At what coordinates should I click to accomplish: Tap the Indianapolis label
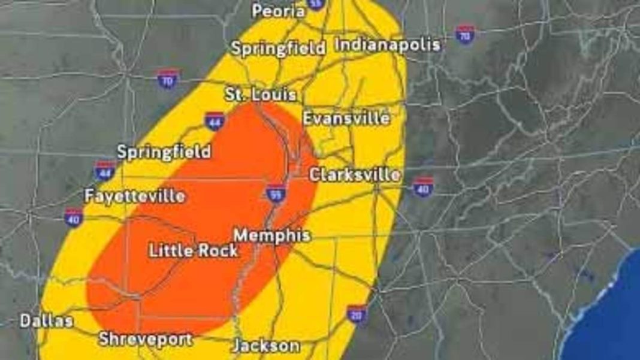point(387,44)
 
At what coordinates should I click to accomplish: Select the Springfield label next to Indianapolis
point(278,48)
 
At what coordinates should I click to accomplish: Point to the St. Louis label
point(260,95)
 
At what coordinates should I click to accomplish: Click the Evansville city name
point(346,118)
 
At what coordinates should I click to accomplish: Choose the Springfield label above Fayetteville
point(164,152)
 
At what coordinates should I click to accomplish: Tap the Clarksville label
point(354,175)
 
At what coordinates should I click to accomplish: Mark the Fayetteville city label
point(135,196)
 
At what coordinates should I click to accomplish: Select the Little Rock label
point(193,250)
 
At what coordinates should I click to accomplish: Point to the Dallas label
point(47,320)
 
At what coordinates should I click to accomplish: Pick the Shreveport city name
point(146,339)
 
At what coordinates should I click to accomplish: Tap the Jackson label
point(266,346)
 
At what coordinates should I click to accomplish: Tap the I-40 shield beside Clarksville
point(423,186)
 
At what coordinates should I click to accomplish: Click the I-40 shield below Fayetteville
point(74,216)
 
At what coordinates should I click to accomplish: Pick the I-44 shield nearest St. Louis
point(214,121)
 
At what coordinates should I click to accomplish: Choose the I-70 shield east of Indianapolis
point(464,34)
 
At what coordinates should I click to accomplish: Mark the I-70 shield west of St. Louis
point(168,78)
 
